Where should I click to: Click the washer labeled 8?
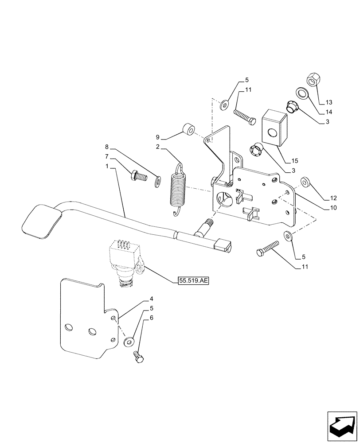pos(157,181)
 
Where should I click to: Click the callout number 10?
pos(333,207)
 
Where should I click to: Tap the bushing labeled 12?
pos(305,182)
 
